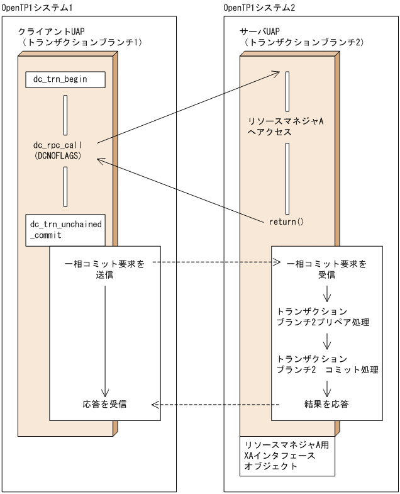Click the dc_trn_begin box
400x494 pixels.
click(65, 80)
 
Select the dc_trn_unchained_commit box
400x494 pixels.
click(66, 229)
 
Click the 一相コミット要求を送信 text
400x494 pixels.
click(105, 269)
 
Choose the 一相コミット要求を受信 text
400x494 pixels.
click(326, 269)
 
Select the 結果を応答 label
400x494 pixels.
click(326, 403)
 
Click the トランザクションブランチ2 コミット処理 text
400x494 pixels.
click(327, 364)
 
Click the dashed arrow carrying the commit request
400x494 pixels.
click(214, 263)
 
